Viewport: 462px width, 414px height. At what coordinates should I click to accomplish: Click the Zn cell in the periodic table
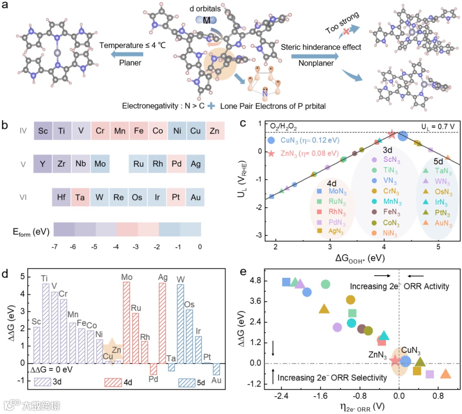pyautogui.click(x=215, y=131)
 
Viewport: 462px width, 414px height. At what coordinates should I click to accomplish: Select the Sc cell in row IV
pyautogui.click(x=43, y=131)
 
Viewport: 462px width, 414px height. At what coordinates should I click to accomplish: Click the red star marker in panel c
pyautogui.click(x=391, y=134)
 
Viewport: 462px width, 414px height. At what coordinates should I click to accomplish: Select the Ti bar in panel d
pyautogui.click(x=45, y=317)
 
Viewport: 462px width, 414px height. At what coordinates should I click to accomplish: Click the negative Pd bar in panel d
pyautogui.click(x=153, y=369)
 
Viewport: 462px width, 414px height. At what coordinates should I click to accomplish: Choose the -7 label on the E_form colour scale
pyautogui.click(x=54, y=247)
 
